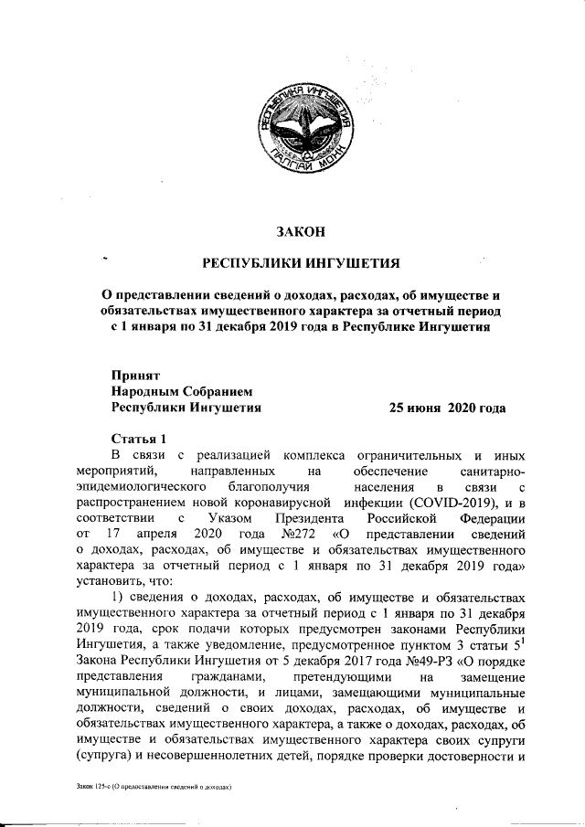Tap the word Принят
pos(135,375)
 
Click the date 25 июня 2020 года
pos(448,408)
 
